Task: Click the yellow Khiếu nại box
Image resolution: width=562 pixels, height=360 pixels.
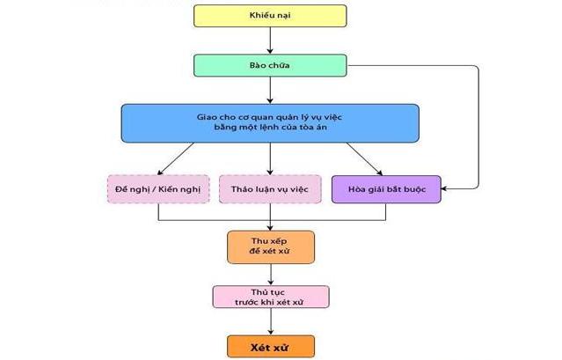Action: [x=269, y=16]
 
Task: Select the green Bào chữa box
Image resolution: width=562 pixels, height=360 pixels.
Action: [x=269, y=66]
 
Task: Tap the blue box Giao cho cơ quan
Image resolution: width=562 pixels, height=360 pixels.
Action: [x=269, y=122]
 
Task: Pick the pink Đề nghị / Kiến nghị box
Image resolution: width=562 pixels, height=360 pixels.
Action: [x=158, y=189]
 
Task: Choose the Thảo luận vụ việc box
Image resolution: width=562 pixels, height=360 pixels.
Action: [x=270, y=189]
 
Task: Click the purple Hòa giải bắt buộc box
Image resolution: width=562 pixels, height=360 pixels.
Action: [x=385, y=189]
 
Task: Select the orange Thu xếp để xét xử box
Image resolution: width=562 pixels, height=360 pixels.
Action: [x=270, y=247]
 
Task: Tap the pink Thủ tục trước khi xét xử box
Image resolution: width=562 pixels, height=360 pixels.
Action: [x=270, y=297]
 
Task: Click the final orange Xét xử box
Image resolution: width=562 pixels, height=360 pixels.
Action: [x=270, y=346]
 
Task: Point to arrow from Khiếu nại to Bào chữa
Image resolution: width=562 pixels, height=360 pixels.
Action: [x=270, y=40]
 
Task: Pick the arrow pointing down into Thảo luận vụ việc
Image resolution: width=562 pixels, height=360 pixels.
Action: [x=270, y=158]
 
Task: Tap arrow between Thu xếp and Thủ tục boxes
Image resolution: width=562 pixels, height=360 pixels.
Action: [x=270, y=275]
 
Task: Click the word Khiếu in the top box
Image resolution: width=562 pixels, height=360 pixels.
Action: [x=259, y=16]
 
